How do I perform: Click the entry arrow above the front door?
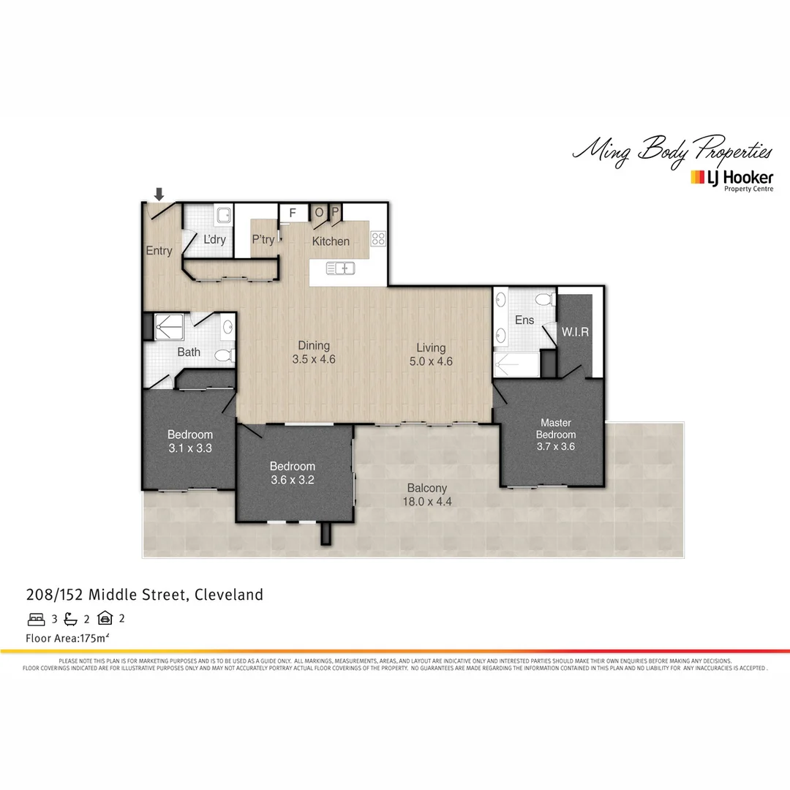point(159,194)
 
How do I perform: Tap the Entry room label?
point(159,251)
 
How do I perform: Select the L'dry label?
point(214,239)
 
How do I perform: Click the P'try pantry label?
point(263,239)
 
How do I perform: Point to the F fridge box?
point(293,213)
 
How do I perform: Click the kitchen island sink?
point(341,268)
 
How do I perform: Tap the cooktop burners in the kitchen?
point(378,238)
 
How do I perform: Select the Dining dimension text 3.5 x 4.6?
point(314,359)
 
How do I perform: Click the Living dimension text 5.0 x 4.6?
point(431,361)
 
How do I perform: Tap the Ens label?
point(524,320)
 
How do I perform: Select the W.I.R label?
point(575,332)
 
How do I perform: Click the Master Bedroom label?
point(555,429)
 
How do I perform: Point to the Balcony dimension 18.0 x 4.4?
point(428,502)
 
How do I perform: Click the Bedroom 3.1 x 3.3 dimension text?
point(189,448)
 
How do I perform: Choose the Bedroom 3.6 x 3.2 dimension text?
point(293,480)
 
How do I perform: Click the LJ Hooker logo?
point(732,178)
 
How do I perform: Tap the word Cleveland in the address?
point(229,595)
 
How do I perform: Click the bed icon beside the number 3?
point(36,619)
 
